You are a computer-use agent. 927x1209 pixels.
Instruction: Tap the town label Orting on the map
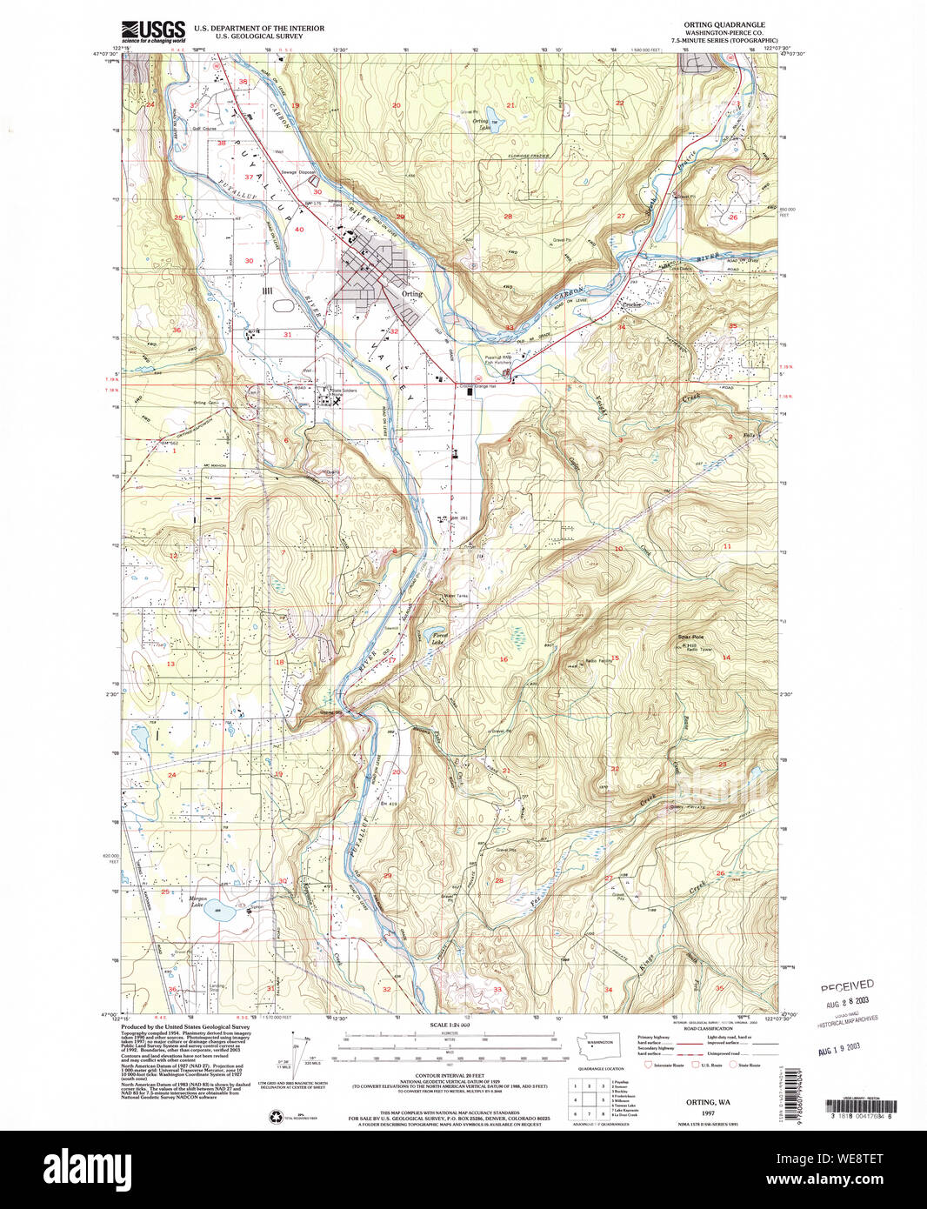[412, 294]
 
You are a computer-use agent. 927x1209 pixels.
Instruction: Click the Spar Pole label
[690, 638]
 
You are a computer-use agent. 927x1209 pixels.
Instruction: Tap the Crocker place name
[630, 305]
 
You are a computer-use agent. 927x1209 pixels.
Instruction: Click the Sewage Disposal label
[296, 172]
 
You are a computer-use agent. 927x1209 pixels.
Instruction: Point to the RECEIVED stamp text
[847, 985]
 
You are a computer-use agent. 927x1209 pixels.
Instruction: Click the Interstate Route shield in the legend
[647, 1065]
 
